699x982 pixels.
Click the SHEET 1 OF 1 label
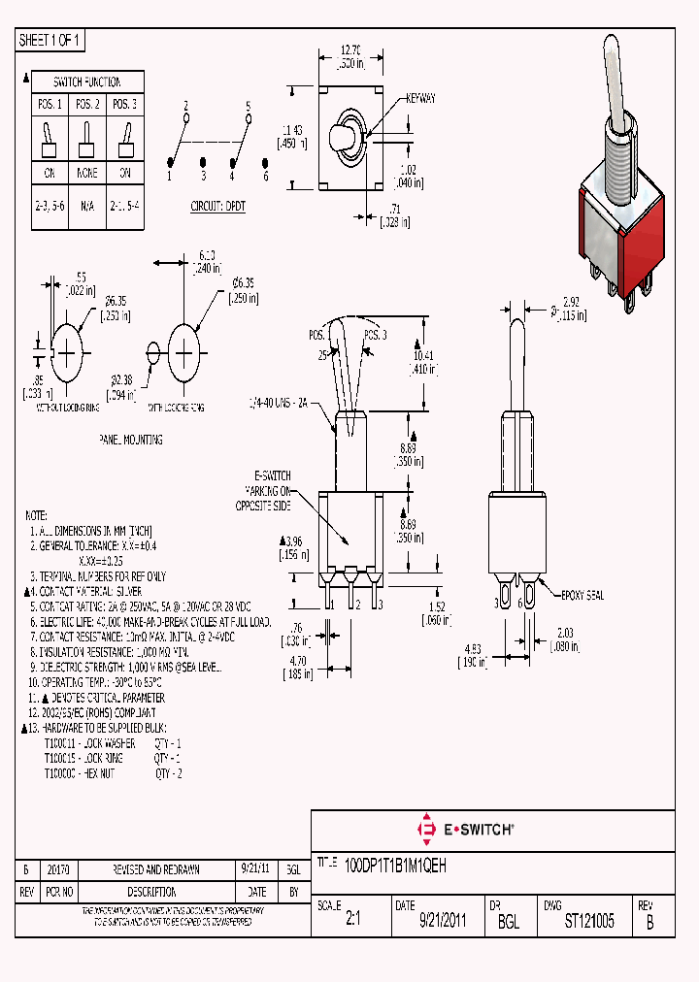pyautogui.click(x=51, y=40)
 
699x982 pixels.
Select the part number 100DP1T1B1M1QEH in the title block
pyautogui.click(x=396, y=863)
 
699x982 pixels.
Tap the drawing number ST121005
pyautogui.click(x=589, y=922)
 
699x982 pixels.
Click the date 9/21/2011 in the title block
pyautogui.click(x=443, y=922)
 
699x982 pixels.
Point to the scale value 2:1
pyautogui.click(x=352, y=922)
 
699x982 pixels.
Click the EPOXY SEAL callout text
pyautogui.click(x=582, y=596)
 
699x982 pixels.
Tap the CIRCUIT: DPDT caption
pyautogui.click(x=218, y=207)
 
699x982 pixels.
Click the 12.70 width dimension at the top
pyautogui.click(x=351, y=49)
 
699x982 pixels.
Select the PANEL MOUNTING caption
pyautogui.click(x=130, y=440)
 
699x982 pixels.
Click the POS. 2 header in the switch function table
pyautogui.click(x=87, y=105)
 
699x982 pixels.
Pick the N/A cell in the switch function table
pyautogui.click(x=87, y=207)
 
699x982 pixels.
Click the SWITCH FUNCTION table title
pyautogui.click(x=87, y=82)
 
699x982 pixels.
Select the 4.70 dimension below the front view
pyautogui.click(x=300, y=662)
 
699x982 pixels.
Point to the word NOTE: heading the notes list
pyautogui.click(x=35, y=514)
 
